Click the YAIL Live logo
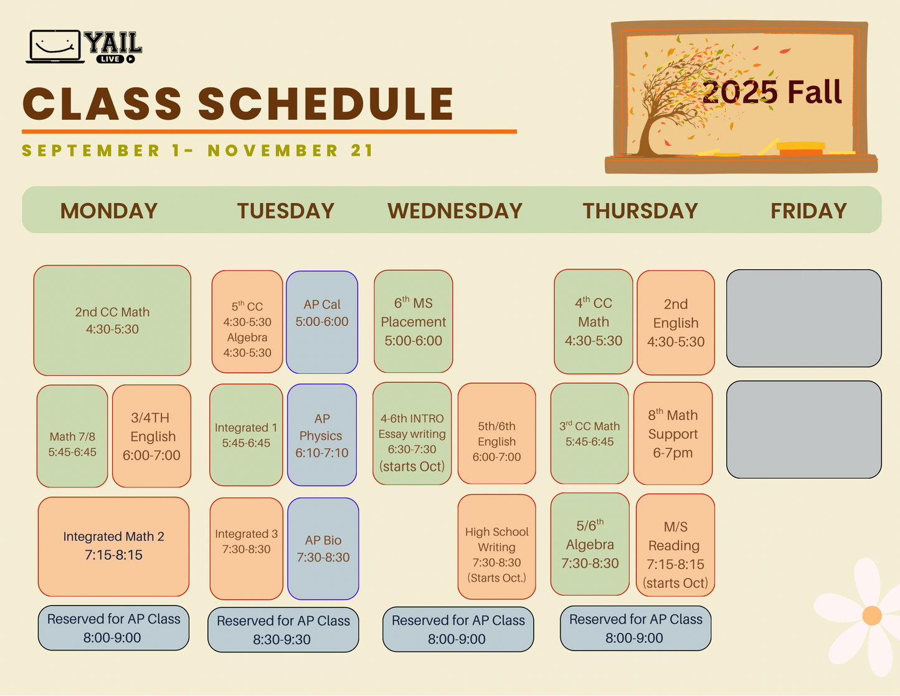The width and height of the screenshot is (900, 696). tap(84, 47)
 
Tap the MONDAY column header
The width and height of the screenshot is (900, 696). tap(109, 211)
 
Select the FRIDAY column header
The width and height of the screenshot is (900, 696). tap(808, 211)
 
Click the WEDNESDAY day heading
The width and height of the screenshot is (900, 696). tap(455, 211)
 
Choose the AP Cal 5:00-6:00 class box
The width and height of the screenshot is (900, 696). tap(322, 322)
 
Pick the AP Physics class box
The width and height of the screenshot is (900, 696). tap(321, 435)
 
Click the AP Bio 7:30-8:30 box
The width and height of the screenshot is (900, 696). tap(323, 548)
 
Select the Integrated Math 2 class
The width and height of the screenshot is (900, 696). tap(113, 546)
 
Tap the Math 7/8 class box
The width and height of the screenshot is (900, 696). tap(72, 436)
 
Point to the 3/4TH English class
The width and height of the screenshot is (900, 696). tap(151, 436)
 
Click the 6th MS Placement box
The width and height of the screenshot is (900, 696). tap(413, 322)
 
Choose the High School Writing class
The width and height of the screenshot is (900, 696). tap(496, 547)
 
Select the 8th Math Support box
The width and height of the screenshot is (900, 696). tap(673, 434)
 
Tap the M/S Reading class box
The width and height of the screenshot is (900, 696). tap(675, 545)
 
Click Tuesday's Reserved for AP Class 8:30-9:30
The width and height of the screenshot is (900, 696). tap(283, 630)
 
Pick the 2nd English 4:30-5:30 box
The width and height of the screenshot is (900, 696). tap(676, 323)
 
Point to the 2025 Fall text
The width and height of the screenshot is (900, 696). tap(772, 92)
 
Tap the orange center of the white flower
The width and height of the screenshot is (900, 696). tap(872, 616)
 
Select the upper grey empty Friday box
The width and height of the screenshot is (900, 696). tap(804, 318)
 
